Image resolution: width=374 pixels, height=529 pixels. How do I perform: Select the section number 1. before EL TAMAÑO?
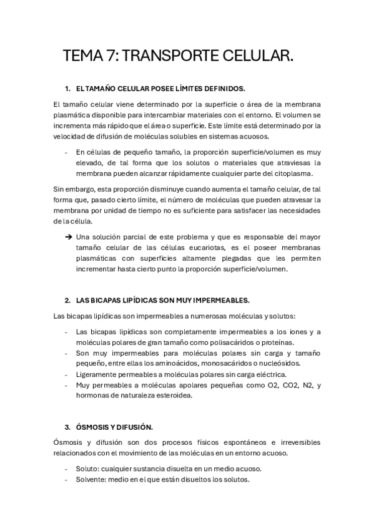point(67,89)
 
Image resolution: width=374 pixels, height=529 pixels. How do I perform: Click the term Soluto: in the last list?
point(87,468)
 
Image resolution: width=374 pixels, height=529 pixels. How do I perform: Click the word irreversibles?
point(298,442)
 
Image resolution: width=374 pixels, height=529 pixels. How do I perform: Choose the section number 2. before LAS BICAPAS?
point(67,300)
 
